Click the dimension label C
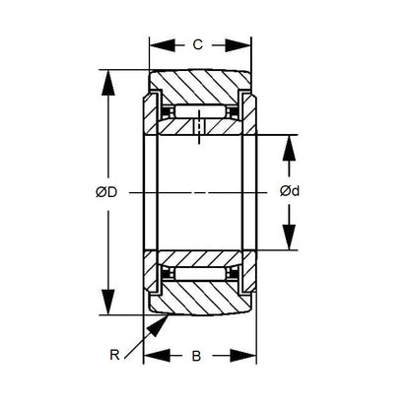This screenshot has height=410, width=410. point(198,44)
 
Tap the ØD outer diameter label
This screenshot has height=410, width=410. point(106,192)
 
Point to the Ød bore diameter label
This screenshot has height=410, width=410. point(289,192)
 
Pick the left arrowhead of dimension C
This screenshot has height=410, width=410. point(155,44)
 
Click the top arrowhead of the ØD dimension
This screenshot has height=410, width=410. point(106,77)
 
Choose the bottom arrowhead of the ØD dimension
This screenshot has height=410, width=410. point(106,307)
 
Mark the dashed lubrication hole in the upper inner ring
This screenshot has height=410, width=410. point(200,127)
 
